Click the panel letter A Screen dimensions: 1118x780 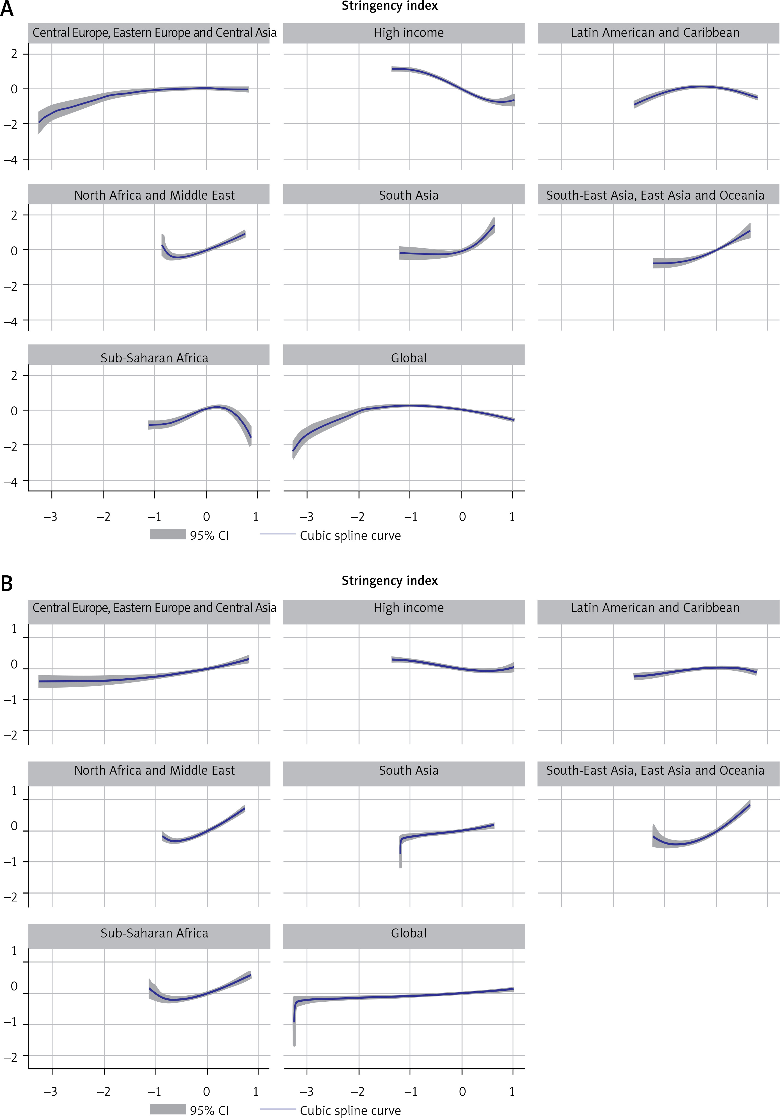click(x=7, y=9)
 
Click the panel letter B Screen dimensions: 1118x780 click(x=7, y=583)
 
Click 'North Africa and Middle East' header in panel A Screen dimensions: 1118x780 click(x=154, y=195)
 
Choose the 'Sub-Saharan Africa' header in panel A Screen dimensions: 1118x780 click(x=154, y=358)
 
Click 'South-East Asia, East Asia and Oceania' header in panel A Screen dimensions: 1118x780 click(x=655, y=195)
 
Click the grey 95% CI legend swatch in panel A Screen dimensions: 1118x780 click(x=167, y=534)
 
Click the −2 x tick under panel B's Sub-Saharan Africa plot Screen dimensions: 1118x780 click(x=103, y=1092)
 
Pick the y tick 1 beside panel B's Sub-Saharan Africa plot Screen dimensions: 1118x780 click(x=14, y=951)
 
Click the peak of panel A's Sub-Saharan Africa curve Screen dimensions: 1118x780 click(x=217, y=406)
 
